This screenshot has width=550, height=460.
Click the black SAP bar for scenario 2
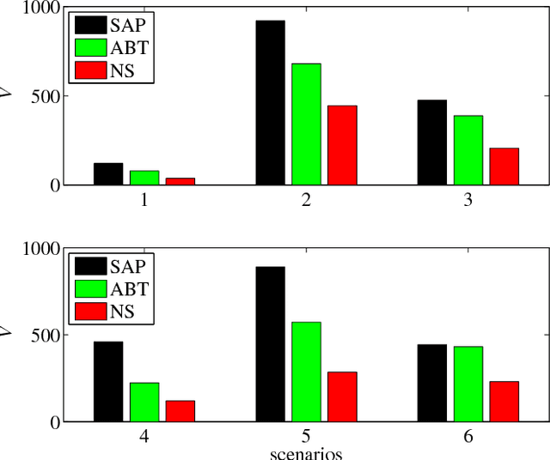coord(270,102)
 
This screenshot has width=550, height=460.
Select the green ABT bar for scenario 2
coord(306,124)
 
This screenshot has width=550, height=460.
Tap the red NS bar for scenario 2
coord(342,145)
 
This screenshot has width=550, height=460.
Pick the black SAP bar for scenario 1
coord(108,173)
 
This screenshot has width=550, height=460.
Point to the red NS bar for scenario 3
coord(504,166)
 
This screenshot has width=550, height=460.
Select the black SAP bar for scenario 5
coord(270,344)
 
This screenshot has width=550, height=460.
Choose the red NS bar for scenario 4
coord(180,411)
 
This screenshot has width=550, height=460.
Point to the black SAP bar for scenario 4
coord(108,382)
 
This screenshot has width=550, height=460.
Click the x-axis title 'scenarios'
coord(306,453)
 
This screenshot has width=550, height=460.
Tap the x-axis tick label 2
coord(306,200)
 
